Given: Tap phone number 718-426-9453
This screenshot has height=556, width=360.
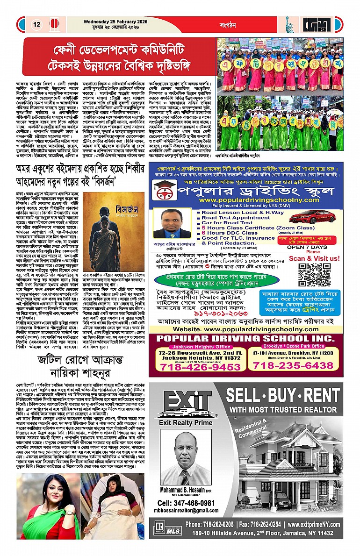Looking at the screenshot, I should [200, 367].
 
